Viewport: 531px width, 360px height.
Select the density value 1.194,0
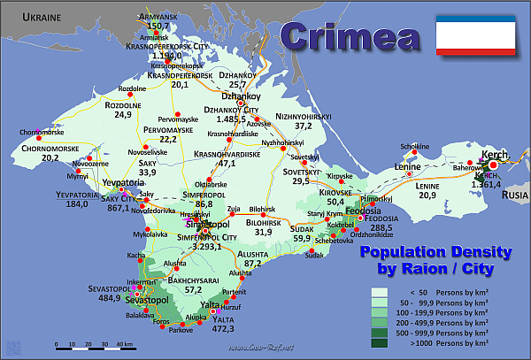[166, 55]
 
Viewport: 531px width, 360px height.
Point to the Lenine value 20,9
[427, 195]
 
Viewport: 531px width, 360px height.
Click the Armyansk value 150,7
[158, 26]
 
